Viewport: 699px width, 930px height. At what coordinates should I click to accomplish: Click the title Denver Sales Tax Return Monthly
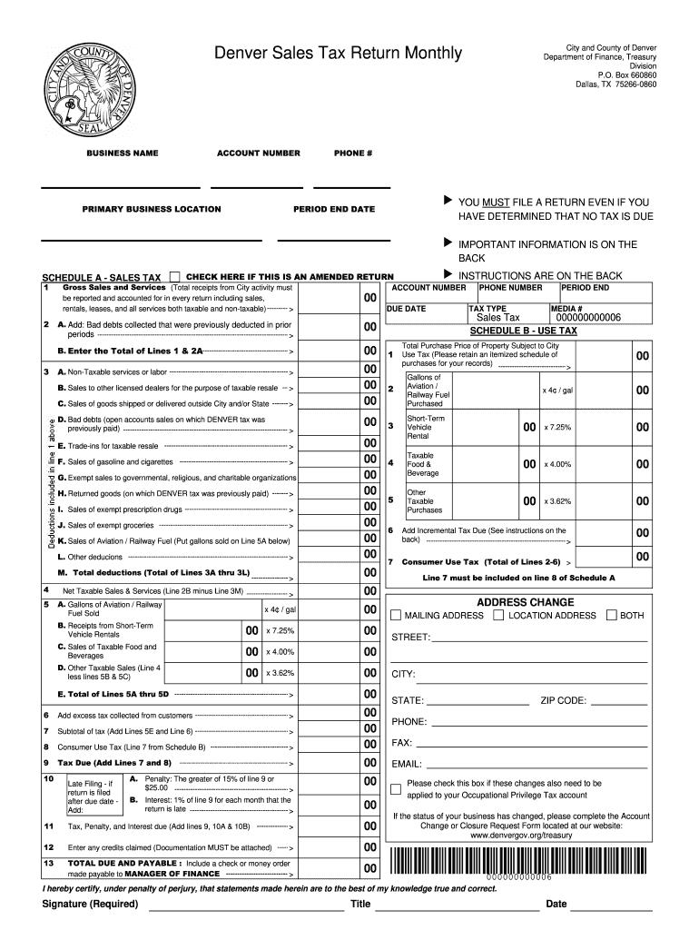pyautogui.click(x=338, y=56)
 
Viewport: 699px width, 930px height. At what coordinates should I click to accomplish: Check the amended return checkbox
pyautogui.click(x=175, y=275)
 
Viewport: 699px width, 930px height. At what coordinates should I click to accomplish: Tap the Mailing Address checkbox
pyautogui.click(x=396, y=615)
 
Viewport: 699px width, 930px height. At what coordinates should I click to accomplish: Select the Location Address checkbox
pyautogui.click(x=498, y=615)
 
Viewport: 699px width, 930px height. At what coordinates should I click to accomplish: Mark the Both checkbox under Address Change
pyautogui.click(x=611, y=615)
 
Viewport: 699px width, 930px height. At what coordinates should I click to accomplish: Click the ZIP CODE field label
pyautogui.click(x=563, y=700)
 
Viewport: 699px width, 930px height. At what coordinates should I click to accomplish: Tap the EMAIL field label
pyautogui.click(x=406, y=764)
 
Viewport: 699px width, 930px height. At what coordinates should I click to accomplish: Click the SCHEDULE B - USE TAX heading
pyautogui.click(x=523, y=331)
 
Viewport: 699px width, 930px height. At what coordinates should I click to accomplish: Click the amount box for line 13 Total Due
pyautogui.click(x=370, y=869)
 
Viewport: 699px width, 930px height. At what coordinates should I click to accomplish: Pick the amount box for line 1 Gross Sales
pyautogui.click(x=370, y=299)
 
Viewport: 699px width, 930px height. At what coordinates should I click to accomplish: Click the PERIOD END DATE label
pyautogui.click(x=333, y=209)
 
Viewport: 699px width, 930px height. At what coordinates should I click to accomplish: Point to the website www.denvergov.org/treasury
pyautogui.click(x=521, y=835)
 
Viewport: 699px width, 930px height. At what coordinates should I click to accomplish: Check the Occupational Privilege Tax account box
pyautogui.click(x=395, y=783)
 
